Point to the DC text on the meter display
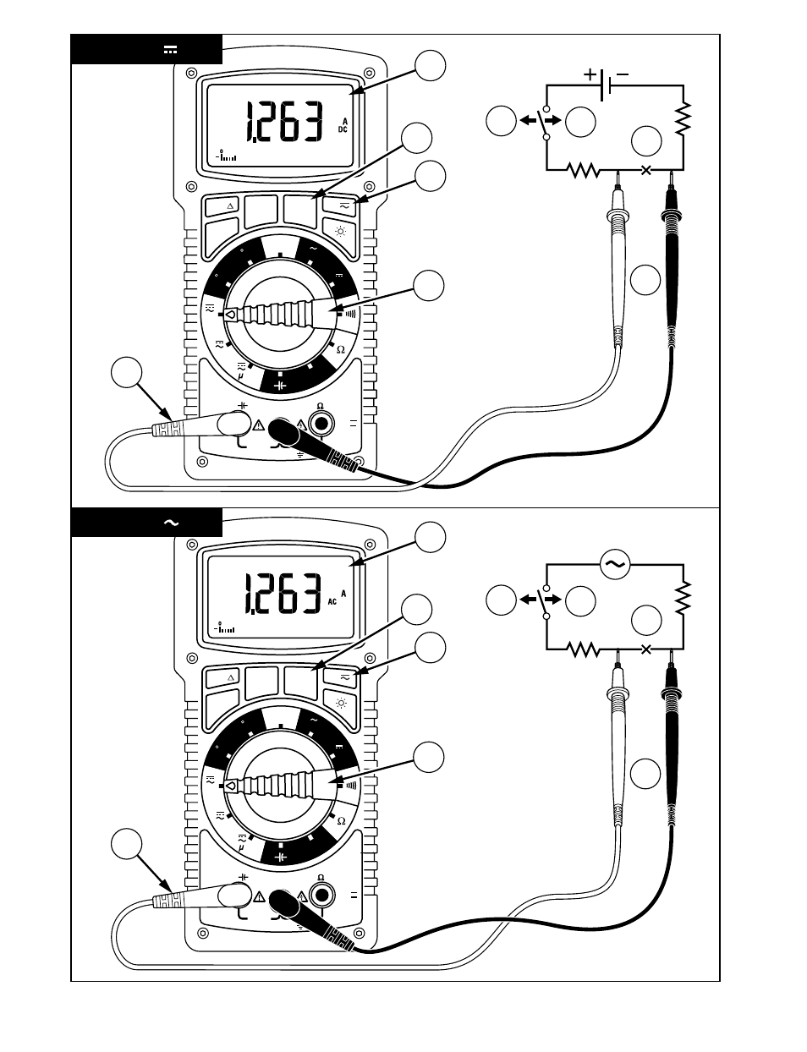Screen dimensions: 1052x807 (x=343, y=130)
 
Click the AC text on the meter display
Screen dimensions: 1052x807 (x=332, y=602)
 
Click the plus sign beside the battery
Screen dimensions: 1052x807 (x=590, y=74)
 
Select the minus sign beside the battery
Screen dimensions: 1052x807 (x=623, y=74)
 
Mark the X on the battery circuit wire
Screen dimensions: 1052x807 (x=647, y=170)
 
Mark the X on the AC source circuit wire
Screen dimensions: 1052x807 (x=647, y=649)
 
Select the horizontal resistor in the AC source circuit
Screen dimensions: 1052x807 (x=583, y=649)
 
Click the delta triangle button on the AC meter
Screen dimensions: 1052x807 (x=231, y=677)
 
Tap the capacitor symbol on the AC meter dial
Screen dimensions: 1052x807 (x=280, y=857)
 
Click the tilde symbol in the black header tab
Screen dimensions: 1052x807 (x=171, y=523)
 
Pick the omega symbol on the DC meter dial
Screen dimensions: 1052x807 (x=341, y=349)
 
